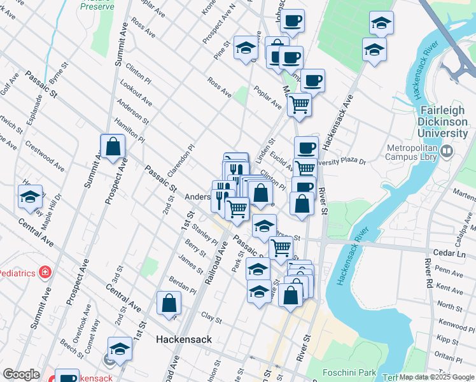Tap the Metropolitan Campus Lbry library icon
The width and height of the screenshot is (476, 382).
446,151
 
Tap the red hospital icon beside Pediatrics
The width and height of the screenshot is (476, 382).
45,273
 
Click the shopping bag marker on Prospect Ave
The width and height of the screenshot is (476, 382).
113,146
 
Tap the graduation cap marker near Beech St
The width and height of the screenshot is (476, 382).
119,349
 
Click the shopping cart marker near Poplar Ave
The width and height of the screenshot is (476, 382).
298,104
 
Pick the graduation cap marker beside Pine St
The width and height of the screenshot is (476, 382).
245,48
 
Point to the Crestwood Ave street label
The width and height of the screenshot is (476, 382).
45,155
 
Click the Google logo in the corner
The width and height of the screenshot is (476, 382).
21,374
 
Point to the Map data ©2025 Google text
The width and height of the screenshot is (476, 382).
437,377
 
